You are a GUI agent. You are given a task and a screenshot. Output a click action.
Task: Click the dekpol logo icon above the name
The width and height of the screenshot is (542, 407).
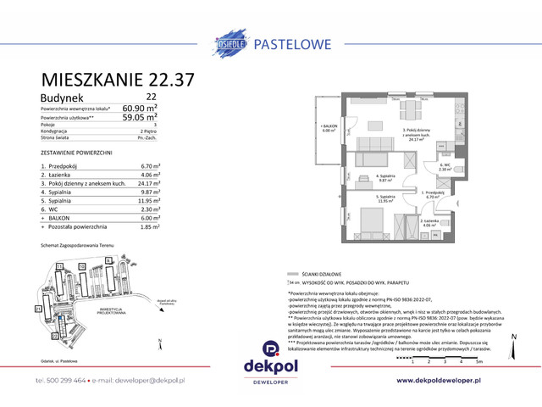pyautogui.click(x=271, y=348)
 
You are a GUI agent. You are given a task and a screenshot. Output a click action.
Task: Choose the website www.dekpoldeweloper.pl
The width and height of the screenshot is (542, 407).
pyautogui.click(x=450, y=381)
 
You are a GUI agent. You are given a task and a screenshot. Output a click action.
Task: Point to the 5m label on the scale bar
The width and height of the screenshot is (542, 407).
pyautogui.click(x=480, y=361)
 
